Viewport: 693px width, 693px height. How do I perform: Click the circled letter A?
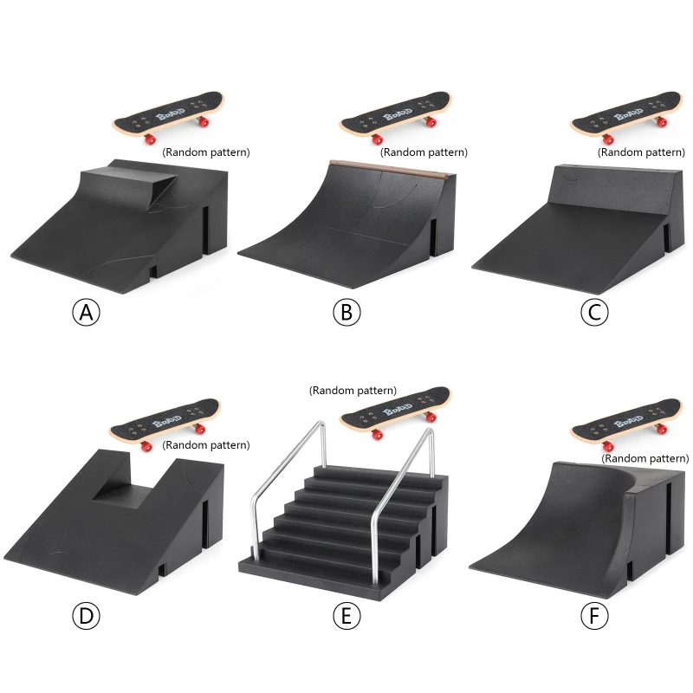tap(86, 313)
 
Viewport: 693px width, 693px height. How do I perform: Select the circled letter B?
tap(346, 313)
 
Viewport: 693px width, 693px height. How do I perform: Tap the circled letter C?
tap(594, 313)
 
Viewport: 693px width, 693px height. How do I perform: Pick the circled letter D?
tap(86, 616)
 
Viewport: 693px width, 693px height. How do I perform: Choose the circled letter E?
tap(346, 616)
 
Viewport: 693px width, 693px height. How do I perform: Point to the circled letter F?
tap(594, 616)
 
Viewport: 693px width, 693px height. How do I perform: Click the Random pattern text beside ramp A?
tap(206, 152)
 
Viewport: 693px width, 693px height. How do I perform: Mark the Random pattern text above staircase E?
tap(353, 391)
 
